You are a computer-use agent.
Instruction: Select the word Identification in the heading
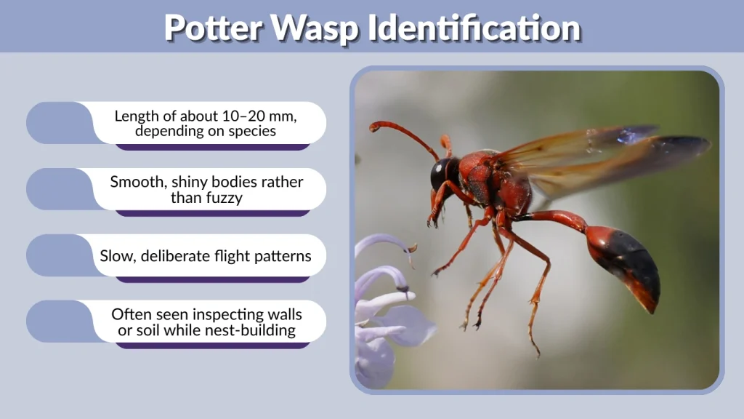tap(474, 28)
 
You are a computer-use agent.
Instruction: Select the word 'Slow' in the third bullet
tap(117, 256)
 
